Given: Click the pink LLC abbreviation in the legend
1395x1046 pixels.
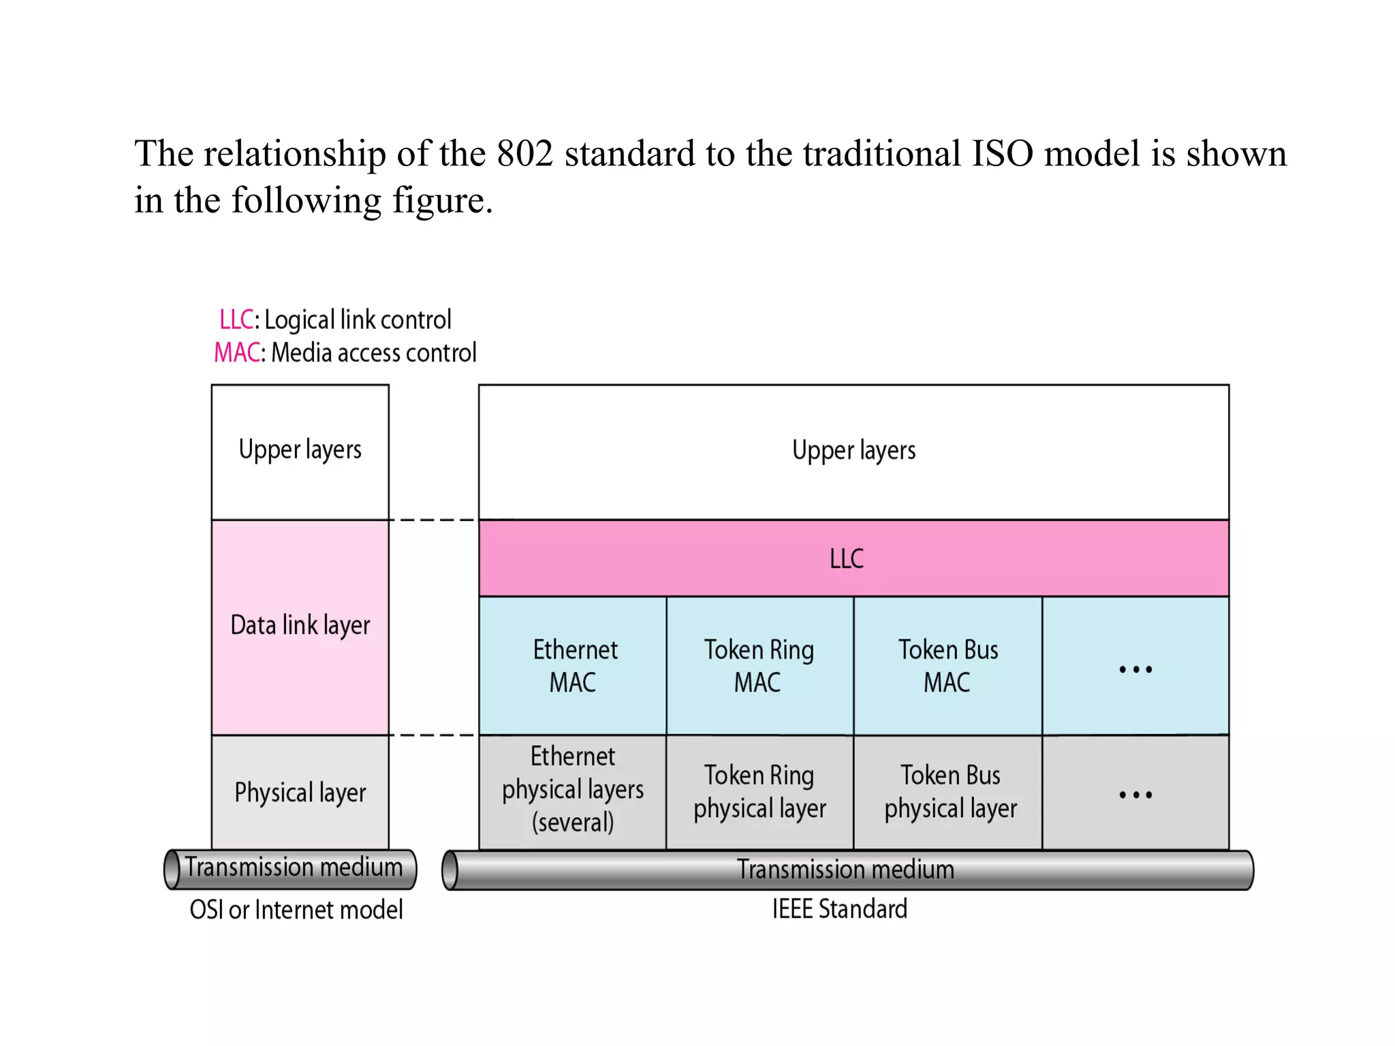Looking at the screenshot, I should tap(236, 319).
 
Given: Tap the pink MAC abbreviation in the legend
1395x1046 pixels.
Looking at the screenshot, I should tap(237, 353).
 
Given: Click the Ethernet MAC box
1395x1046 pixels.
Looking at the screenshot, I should tap(573, 665).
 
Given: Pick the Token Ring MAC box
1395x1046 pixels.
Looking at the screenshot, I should tap(759, 665).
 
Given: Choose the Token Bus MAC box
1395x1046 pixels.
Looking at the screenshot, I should tap(947, 665).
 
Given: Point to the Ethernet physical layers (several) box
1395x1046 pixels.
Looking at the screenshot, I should tap(573, 790).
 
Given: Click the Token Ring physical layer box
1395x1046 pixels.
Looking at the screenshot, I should tap(759, 791).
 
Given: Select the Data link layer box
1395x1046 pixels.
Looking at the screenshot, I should tap(300, 626).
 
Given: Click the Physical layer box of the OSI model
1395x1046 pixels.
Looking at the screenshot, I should tap(300, 793).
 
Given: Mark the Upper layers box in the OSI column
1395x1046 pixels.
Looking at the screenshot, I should tap(300, 451).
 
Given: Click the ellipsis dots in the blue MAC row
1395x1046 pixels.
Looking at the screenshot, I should tap(1135, 669).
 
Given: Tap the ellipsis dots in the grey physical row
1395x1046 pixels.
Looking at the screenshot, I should tap(1135, 795).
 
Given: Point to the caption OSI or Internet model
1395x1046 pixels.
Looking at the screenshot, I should tap(296, 910).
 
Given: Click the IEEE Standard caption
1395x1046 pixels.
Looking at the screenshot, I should tap(840, 909).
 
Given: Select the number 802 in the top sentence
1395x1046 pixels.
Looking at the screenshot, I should tap(524, 154).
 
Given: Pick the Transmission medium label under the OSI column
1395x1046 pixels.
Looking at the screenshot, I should tap(294, 868).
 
